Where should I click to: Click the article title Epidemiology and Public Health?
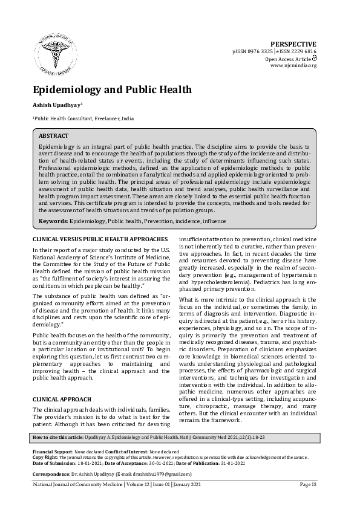(x=112, y=90)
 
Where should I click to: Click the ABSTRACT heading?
(x=53, y=136)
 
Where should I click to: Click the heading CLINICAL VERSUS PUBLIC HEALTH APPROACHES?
(x=100, y=240)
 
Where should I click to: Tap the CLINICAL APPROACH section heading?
(x=62, y=400)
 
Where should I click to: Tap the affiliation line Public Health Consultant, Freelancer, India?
(x=83, y=120)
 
